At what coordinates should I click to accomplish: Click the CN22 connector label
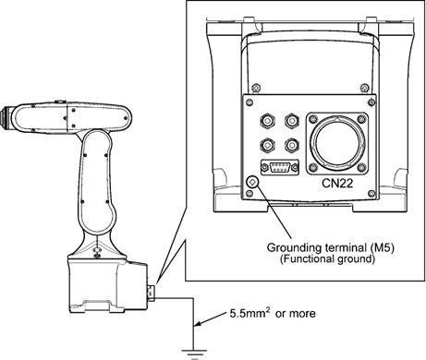[x=337, y=184]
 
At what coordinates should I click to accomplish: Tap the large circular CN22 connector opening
[x=337, y=143]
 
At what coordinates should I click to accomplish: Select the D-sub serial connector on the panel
[x=280, y=167]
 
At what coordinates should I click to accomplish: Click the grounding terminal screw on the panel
[x=252, y=182]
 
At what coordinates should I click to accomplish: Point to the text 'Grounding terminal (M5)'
[x=331, y=247]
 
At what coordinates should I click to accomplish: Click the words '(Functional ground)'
[x=327, y=258]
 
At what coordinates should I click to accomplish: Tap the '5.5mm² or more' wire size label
[x=273, y=313]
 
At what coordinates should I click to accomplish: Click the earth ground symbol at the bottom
[x=194, y=354]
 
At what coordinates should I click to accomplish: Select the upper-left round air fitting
[x=267, y=120]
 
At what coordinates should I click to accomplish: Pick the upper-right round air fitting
[x=292, y=120]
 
